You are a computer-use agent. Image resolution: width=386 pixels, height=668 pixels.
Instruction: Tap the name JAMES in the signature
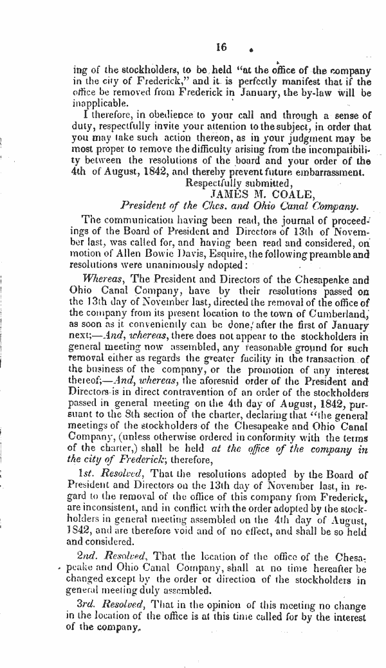228,191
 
